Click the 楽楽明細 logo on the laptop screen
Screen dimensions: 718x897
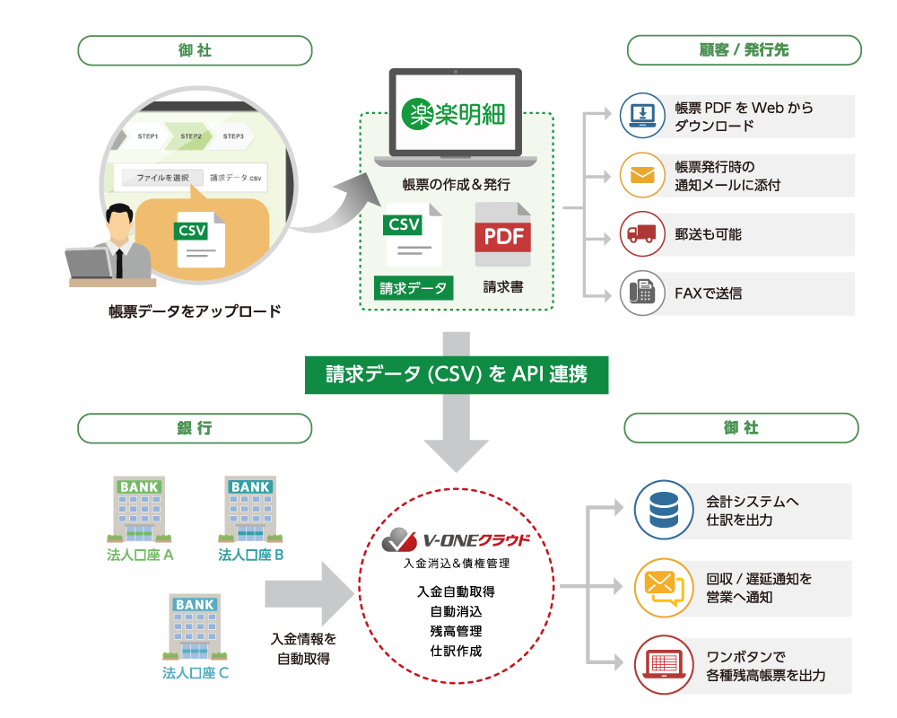[454, 113]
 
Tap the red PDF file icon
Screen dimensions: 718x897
[502, 234]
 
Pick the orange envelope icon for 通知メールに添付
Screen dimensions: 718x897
[642, 174]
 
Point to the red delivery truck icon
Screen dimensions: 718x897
[642, 233]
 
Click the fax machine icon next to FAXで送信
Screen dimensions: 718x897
[642, 293]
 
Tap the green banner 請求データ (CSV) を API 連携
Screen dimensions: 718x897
[457, 374]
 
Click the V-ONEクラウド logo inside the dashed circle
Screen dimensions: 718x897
[457, 540]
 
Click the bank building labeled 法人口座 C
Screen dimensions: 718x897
[195, 626]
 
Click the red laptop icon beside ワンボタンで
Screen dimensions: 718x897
[665, 663]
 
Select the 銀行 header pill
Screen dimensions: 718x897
[195, 428]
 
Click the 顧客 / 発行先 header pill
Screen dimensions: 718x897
[744, 50]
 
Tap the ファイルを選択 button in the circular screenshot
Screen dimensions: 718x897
[162, 178]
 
